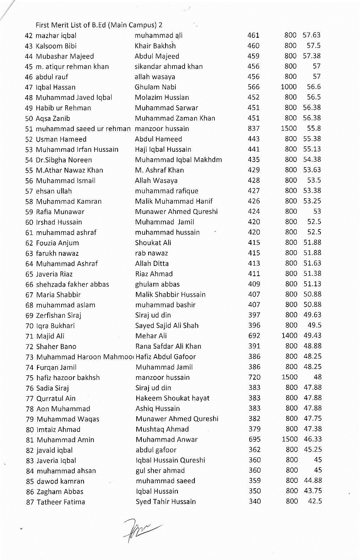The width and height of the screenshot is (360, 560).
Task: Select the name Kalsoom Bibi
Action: [56, 46]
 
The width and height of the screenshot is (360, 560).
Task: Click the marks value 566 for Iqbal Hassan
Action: [253, 87]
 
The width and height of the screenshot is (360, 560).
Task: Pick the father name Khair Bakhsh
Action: [155, 46]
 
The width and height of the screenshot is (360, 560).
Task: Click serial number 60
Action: [29, 222]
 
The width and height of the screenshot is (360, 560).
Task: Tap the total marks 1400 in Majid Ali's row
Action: [289, 336]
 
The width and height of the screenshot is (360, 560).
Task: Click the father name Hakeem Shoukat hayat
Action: [172, 398]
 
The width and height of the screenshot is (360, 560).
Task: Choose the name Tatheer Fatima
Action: [61, 502]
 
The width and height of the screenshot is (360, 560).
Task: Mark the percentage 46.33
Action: [312, 440]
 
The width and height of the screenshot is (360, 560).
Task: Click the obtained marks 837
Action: [253, 129]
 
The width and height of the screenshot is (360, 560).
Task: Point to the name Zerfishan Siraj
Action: [59, 315]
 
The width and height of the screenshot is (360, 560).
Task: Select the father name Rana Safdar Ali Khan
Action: [168, 346]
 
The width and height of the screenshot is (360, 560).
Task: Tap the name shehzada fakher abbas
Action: [72, 284]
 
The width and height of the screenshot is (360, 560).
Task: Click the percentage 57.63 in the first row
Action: [312, 35]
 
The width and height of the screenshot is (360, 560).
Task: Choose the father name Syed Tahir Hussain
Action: [166, 502]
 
